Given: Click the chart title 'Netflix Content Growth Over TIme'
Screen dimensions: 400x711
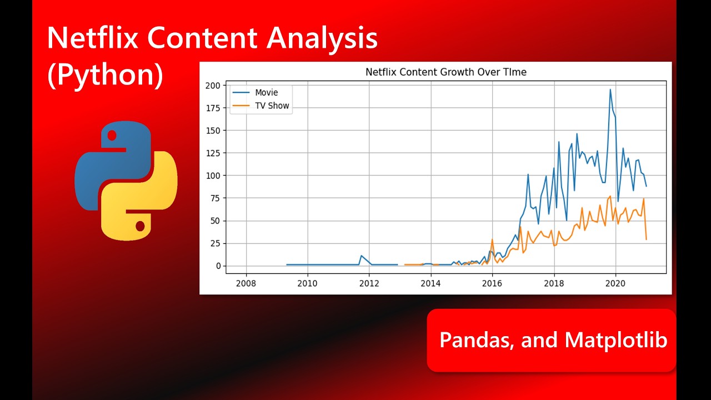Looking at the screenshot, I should (446, 72).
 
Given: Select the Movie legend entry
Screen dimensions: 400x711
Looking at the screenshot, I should (267, 92).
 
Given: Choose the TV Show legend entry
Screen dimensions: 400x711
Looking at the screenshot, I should (272, 106).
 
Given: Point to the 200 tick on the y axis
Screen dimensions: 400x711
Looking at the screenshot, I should (212, 85).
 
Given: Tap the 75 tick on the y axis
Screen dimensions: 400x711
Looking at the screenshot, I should (214, 198).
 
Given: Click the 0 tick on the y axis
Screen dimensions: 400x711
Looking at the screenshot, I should (218, 266).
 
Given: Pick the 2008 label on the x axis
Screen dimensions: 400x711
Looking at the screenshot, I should (246, 283).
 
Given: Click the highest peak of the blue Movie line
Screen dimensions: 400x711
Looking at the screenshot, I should (610, 89).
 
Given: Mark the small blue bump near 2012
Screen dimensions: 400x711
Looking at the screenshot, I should (361, 256).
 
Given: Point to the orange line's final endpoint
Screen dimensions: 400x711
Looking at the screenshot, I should (646, 239).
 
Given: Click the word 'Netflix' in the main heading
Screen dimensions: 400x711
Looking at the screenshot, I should (94, 39).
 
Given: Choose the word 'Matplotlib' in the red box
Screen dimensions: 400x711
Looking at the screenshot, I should (615, 339).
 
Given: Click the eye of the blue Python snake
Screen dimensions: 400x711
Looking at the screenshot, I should (112, 135).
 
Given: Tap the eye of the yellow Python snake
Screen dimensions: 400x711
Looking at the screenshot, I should (140, 226).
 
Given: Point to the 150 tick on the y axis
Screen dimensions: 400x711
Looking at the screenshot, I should (212, 131).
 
